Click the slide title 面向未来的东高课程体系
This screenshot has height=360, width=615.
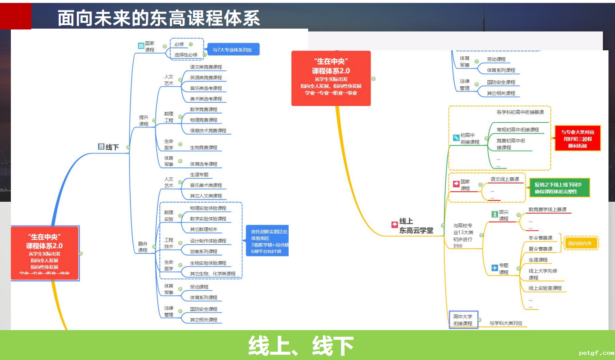159,19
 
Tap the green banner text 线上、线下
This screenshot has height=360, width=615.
301,346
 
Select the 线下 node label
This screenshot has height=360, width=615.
112,147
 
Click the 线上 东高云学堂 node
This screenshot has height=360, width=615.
416,226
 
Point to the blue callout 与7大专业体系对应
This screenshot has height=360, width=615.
233,49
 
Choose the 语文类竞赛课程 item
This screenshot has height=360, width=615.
206,67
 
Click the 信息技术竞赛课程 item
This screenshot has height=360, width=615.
208,131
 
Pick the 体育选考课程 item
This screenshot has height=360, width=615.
204,164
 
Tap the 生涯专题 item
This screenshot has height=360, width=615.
199,175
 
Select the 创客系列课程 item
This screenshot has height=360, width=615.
204,252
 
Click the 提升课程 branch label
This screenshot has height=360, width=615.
144,121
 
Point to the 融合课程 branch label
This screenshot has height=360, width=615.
143,247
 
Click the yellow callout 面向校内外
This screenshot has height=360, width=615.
580,243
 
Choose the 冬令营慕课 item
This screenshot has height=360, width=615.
540,238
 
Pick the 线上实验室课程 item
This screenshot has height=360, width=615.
545,288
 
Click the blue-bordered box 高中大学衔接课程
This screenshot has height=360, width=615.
463,320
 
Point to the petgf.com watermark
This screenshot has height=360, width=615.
596,353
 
